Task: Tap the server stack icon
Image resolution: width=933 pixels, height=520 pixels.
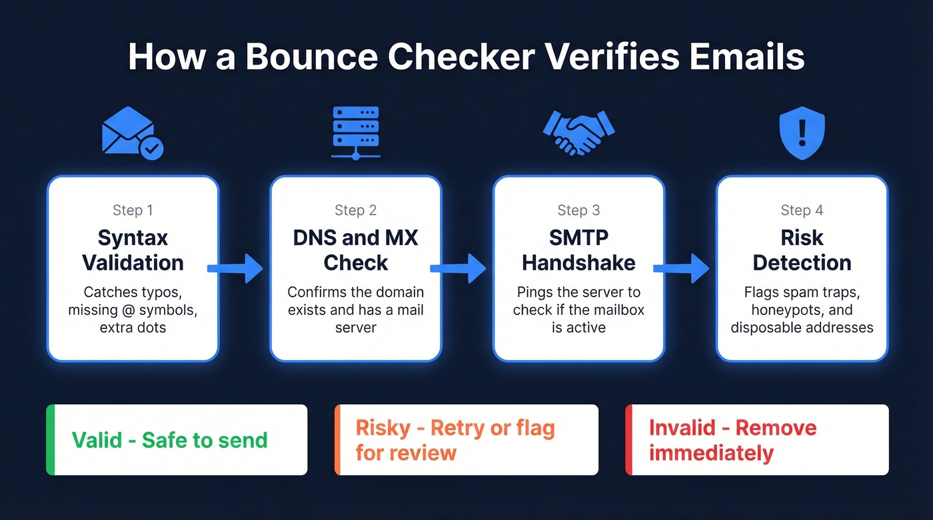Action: point(355,132)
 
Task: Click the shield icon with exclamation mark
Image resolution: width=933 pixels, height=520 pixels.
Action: point(802,134)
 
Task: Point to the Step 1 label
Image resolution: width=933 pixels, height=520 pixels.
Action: point(133,210)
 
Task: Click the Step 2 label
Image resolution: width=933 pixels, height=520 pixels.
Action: point(355,210)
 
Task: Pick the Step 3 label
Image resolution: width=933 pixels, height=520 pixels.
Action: point(578,210)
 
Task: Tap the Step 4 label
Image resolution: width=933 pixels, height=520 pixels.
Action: point(802,210)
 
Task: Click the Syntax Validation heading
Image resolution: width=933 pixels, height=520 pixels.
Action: point(133,250)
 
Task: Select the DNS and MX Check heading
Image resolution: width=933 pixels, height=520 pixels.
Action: point(355,250)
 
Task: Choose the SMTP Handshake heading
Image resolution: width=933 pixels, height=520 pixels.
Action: point(578,250)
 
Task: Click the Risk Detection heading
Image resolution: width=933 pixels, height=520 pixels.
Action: point(802,250)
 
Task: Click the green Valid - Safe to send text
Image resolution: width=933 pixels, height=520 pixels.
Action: point(169,440)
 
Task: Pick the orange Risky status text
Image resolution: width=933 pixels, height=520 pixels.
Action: point(455,440)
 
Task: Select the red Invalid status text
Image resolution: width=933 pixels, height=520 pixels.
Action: point(732,440)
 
